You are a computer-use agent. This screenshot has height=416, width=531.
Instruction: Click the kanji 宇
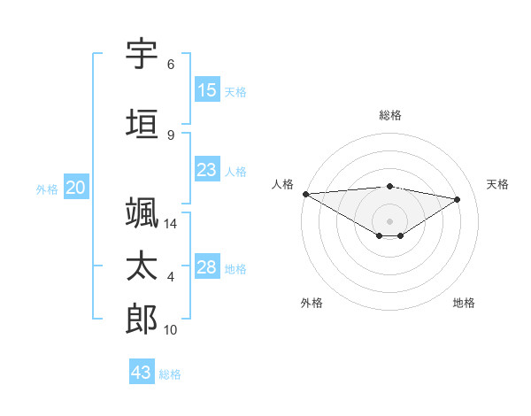pos(142,54)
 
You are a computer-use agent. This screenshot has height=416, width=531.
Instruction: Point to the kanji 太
pos(142,266)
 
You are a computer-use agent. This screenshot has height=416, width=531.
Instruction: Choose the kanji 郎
pos(142,319)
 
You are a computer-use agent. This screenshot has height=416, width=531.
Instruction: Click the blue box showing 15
pos(207,90)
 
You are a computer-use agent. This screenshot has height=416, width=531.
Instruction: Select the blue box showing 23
pos(207,171)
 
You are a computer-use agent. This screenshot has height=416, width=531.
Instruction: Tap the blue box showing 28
pos(207,268)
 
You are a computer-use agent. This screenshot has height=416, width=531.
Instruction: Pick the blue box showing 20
pos(76,188)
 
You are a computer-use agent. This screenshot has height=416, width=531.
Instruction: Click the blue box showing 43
pos(142,373)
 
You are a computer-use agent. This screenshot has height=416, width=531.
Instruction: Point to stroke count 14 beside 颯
pos(172,225)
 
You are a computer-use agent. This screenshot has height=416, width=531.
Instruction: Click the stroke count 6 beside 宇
pos(171,65)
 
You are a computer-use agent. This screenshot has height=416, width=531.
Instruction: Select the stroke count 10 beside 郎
pos(172,330)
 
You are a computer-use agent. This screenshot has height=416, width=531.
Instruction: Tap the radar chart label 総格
pos(389,115)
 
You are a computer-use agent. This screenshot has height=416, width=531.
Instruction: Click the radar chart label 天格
pos(497,184)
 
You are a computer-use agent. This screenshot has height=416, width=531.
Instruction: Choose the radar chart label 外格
pos(312,303)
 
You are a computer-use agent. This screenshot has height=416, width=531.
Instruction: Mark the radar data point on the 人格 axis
pos(305,194)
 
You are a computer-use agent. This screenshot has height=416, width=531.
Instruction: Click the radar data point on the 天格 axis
pos(458,199)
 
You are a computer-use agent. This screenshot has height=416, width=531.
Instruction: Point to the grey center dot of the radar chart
pos(389,220)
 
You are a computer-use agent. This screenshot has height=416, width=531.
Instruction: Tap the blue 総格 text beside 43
pos(170,374)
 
